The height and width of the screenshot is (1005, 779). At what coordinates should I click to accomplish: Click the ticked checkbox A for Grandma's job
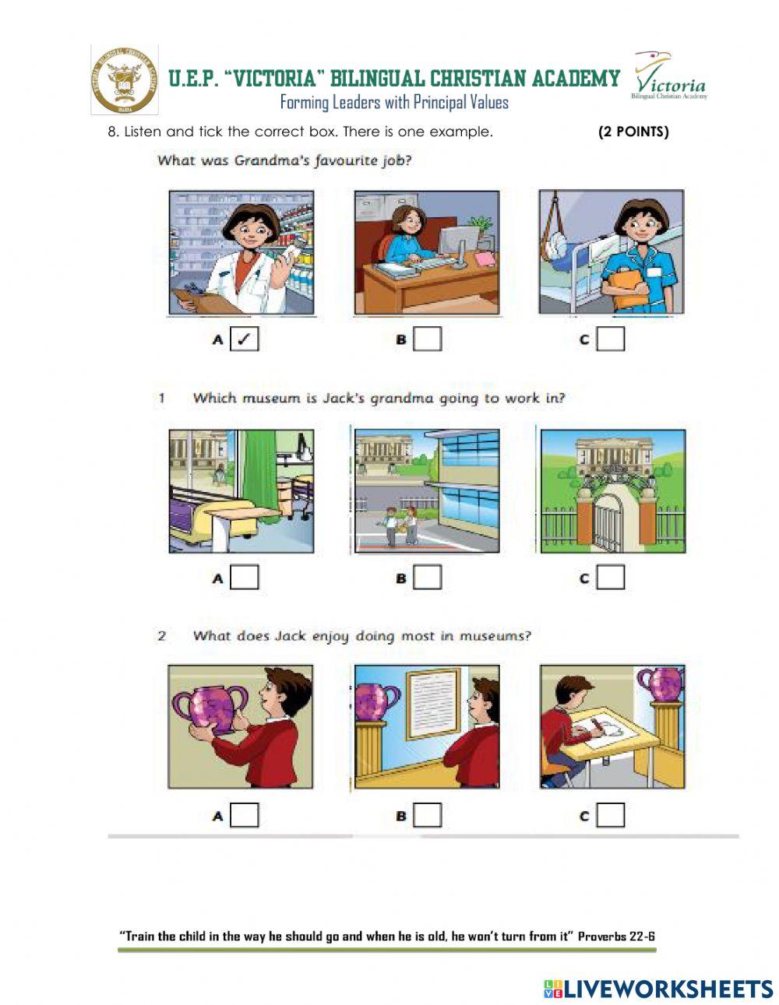pos(245,339)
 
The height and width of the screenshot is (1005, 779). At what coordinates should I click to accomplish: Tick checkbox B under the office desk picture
pos(428,339)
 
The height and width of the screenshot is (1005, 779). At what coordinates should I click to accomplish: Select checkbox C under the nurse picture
pos(611,339)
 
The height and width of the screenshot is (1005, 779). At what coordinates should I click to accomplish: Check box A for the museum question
pos(245,577)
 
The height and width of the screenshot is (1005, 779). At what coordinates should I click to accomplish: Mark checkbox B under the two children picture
pos(428,577)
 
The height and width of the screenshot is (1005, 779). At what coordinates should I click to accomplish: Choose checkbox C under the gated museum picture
pos(611,577)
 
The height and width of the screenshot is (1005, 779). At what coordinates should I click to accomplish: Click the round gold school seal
pos(125,79)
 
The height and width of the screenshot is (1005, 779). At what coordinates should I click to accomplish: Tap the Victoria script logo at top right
pos(669,76)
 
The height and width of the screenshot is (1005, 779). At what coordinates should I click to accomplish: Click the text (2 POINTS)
pos(633,132)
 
